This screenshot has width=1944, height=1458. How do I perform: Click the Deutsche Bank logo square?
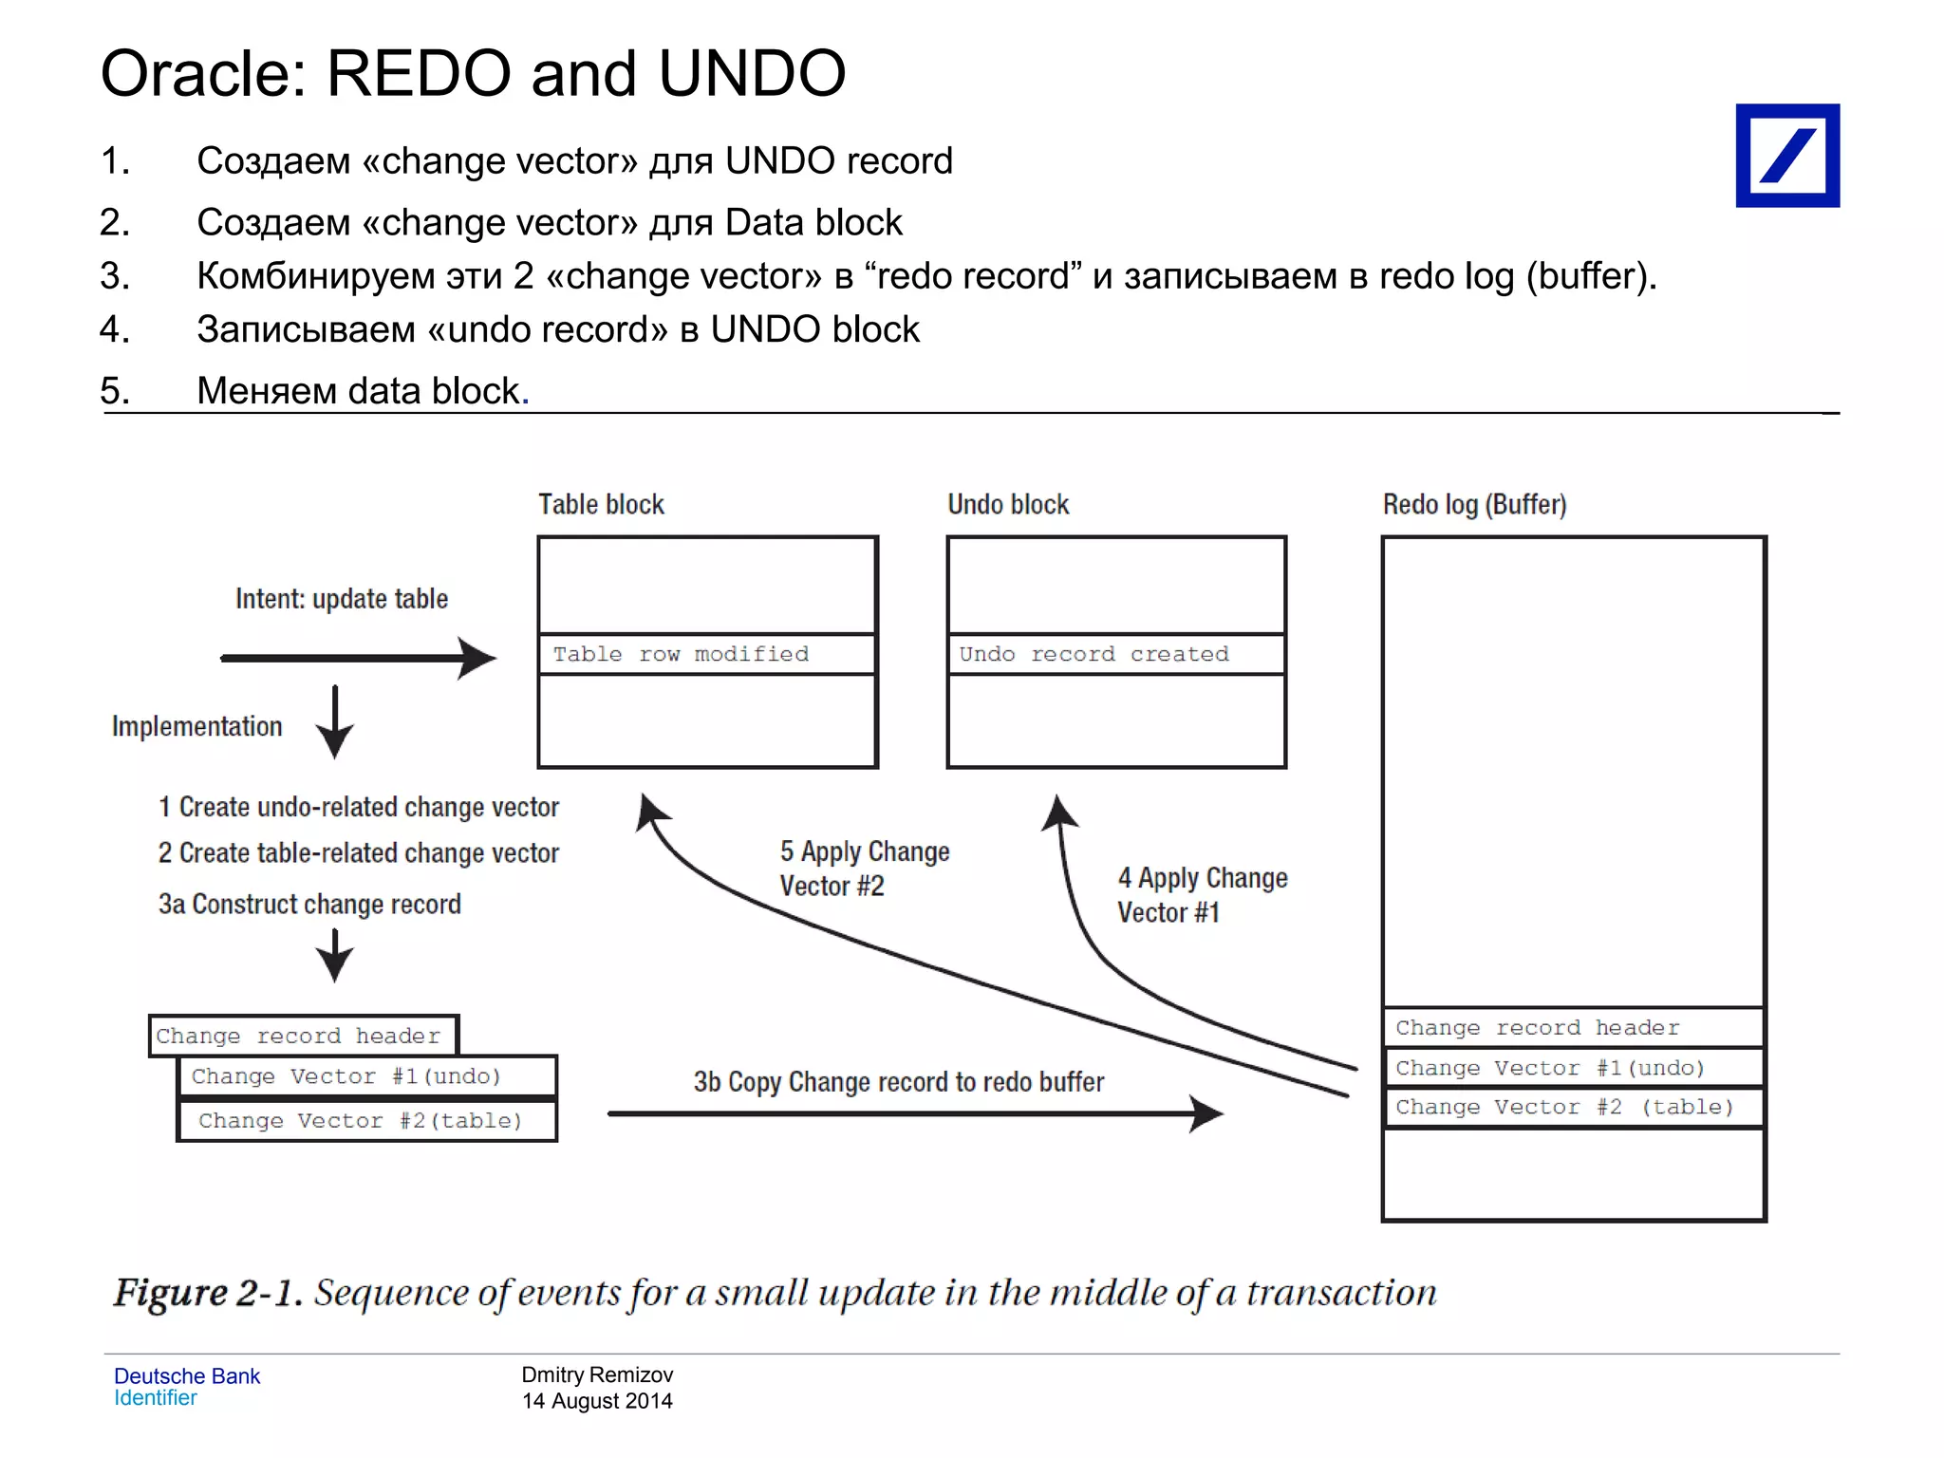pos(1786,156)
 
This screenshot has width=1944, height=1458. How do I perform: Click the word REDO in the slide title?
pos(419,74)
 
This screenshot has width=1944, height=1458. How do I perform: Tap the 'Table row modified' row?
pos(706,654)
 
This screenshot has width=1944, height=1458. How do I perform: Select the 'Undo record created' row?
pos(1115,654)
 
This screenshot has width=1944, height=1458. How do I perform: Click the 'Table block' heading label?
pos(601,504)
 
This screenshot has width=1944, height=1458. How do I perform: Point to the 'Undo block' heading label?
pos(1008,504)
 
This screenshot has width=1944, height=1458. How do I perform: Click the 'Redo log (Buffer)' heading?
pos(1474,504)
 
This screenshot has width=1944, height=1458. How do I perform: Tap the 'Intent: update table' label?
pos(342,599)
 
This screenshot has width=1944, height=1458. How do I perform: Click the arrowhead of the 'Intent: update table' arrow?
pos(479,658)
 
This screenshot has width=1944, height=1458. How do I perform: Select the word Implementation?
pos(197,726)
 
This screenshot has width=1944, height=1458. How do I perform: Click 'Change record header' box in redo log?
pos(1573,1028)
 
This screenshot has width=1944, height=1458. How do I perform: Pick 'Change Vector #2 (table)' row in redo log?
pos(1573,1108)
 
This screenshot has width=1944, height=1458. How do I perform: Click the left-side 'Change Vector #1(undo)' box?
pos(366,1076)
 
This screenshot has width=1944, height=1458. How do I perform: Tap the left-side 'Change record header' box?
pos(303,1036)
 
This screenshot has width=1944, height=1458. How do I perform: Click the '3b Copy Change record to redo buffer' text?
pos(898,1082)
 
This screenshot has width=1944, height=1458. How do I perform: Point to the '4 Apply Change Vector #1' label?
pos(1202,895)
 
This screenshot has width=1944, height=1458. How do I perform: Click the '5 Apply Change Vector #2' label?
pos(864,869)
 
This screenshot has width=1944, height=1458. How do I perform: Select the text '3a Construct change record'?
pos(309,904)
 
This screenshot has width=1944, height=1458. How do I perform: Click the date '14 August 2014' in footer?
pos(597,1401)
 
